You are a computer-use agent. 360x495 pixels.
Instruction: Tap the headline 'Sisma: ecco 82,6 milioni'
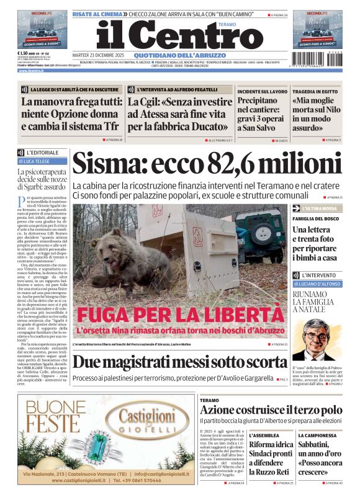pyautogui.click(x=207, y=164)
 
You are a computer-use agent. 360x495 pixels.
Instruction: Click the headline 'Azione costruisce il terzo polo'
pyautogui.click(x=271, y=409)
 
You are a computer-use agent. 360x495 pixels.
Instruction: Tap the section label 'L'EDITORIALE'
pyautogui.click(x=42, y=153)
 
